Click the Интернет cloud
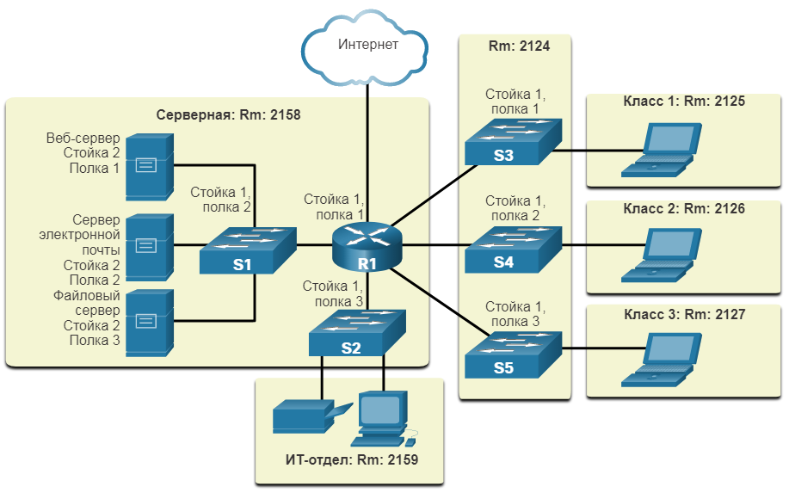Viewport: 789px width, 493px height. pyautogui.click(x=364, y=48)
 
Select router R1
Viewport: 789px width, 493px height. pyautogui.click(x=367, y=246)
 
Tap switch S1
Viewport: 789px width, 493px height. pyautogui.click(x=248, y=250)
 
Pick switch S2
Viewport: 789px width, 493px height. pyautogui.click(x=357, y=332)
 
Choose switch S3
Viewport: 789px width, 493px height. pyautogui.click(x=513, y=142)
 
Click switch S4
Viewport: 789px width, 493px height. pyautogui.click(x=513, y=250)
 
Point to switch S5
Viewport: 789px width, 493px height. pyautogui.click(x=513, y=354)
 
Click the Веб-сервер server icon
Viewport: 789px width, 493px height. pyautogui.click(x=150, y=167)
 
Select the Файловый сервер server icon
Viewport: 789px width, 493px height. pyautogui.click(x=150, y=323)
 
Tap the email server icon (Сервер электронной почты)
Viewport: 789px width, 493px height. pyautogui.click(x=150, y=247)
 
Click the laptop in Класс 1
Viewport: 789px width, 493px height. pyautogui.click(x=661, y=150)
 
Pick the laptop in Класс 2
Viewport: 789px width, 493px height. pyautogui.click(x=661, y=256)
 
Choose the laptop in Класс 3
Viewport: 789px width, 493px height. pyautogui.click(x=661, y=360)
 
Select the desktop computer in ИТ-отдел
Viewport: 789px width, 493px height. pyautogui.click(x=384, y=419)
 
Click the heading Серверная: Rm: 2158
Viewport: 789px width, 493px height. pyautogui.click(x=228, y=114)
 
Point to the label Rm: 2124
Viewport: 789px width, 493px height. pyautogui.click(x=519, y=46)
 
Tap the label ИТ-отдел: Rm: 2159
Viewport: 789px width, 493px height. pyautogui.click(x=352, y=459)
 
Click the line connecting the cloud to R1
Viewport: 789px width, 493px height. pyautogui.click(x=367, y=153)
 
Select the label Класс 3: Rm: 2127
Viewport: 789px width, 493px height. pyautogui.click(x=684, y=314)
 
